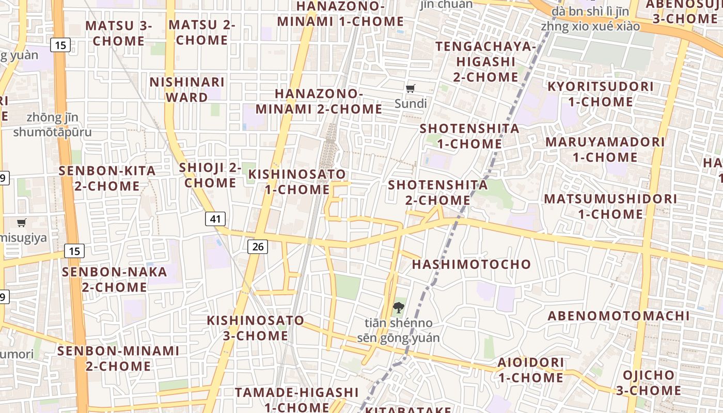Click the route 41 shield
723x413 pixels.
click(215, 219)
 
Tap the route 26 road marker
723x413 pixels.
click(258, 247)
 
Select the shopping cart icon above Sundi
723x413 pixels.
click(411, 89)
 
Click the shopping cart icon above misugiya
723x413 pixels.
click(21, 223)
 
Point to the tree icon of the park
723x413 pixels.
click(398, 308)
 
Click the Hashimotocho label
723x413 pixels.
click(471, 264)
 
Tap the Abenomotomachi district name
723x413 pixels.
click(619, 315)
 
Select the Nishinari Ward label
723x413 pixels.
click(187, 89)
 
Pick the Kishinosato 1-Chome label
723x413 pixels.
click(297, 182)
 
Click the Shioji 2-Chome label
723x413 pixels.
click(210, 175)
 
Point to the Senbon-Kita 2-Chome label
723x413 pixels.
click(107, 178)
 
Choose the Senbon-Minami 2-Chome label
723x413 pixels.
click(118, 358)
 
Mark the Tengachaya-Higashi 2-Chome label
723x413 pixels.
click(486, 61)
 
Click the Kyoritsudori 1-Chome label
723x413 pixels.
click(600, 94)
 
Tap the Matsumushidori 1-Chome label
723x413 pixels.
click(610, 206)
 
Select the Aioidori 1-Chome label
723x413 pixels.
click(530, 370)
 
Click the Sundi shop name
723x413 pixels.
click(411, 104)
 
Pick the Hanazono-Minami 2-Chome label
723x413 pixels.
click(319, 101)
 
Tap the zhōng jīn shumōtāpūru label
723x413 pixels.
click(52, 125)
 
